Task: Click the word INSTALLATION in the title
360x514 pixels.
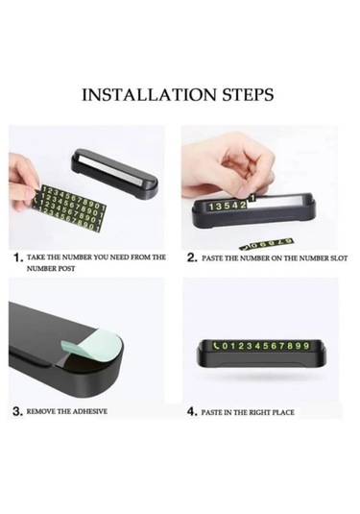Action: (150, 95)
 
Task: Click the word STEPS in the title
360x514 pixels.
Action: (249, 95)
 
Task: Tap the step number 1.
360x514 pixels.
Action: (16, 258)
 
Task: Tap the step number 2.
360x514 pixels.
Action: (191, 258)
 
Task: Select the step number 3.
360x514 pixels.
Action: (16, 412)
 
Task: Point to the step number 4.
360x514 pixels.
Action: (191, 412)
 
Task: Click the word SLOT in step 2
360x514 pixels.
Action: (339, 258)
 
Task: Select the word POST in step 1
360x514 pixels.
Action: (67, 268)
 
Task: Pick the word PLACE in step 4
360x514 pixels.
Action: (283, 412)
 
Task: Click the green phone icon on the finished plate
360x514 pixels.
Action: (216, 346)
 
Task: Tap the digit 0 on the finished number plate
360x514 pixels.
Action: (225, 346)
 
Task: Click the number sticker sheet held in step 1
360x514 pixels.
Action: (70, 208)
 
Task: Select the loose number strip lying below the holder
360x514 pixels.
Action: (265, 244)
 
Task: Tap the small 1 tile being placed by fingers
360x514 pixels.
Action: (252, 198)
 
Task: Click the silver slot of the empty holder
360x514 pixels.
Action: (114, 170)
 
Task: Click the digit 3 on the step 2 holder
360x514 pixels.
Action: (219, 207)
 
